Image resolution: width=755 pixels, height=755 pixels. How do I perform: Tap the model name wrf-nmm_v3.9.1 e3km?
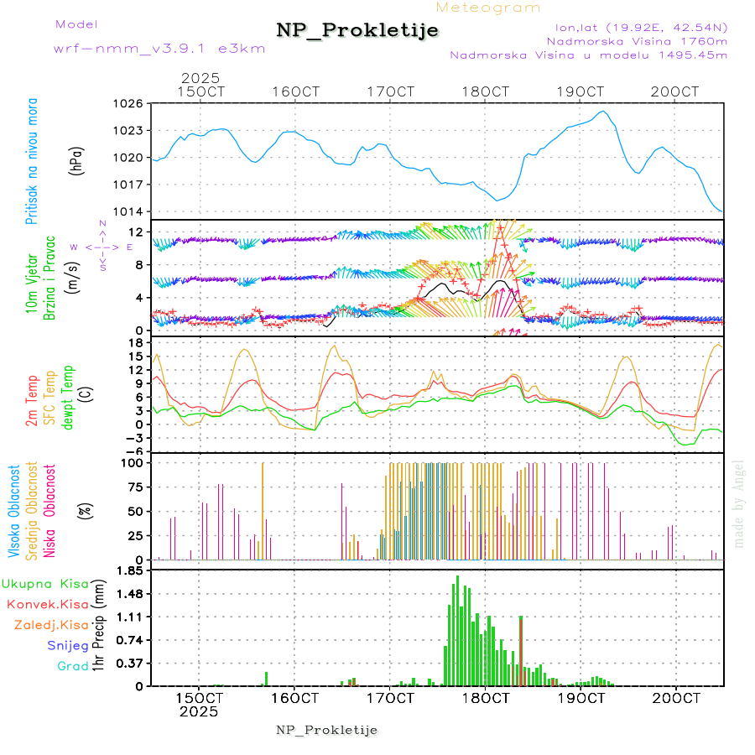click(159, 48)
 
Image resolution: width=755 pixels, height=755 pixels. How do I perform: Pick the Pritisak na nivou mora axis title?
click(33, 159)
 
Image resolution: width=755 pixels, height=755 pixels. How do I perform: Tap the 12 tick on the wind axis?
click(136, 232)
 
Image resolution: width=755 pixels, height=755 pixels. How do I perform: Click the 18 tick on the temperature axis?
click(136, 342)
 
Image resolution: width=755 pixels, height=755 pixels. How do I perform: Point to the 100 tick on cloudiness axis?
click(133, 462)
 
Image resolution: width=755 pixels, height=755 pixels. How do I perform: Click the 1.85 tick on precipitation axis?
click(130, 570)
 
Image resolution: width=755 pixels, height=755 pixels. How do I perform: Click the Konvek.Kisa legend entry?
click(47, 604)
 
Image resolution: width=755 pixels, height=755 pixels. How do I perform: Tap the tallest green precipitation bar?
click(457, 629)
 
